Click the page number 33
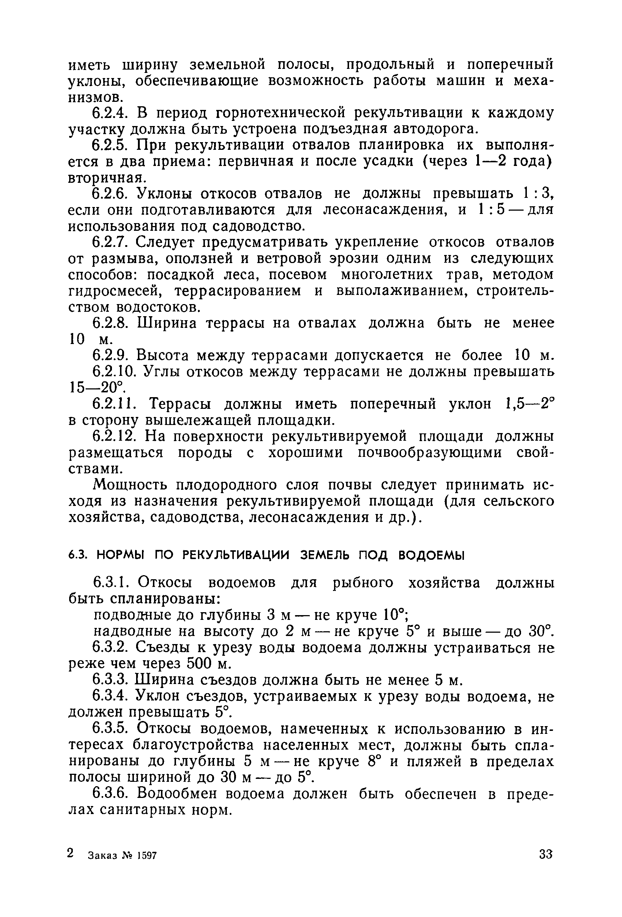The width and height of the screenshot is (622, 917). [546, 855]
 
